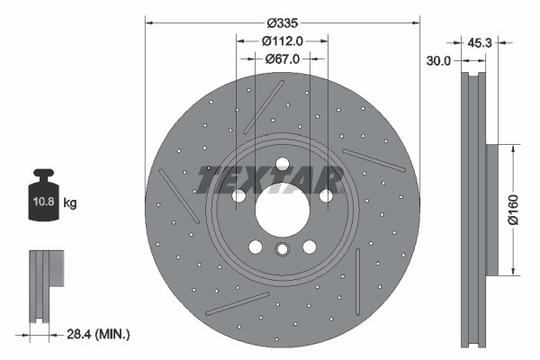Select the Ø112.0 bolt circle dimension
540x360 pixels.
click(282, 40)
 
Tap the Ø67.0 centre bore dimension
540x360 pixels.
click(282, 58)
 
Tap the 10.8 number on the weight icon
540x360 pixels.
click(44, 202)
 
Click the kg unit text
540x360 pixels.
click(70, 203)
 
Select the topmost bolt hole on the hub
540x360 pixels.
click(282, 164)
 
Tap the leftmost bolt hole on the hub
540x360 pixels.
click(238, 196)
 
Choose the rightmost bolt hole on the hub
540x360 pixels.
click(326, 196)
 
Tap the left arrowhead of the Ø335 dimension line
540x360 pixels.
click(149, 22)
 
